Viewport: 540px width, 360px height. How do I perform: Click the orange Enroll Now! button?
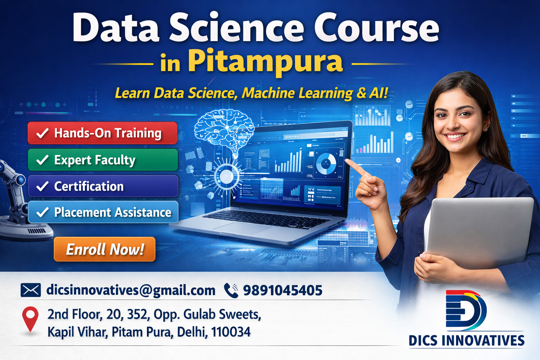104,249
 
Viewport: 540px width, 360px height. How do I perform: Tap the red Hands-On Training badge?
102,133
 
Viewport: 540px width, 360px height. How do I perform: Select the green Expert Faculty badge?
103,160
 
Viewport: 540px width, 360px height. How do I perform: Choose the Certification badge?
103,186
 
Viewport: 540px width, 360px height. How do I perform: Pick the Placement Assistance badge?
103,212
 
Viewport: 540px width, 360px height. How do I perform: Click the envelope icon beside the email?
31,290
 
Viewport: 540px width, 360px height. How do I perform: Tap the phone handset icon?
231,290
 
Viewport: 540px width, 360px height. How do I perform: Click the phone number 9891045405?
283,290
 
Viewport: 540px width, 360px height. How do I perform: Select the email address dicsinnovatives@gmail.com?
131,290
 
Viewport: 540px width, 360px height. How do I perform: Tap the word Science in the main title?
236,28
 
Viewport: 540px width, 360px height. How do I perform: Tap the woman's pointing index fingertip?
347,161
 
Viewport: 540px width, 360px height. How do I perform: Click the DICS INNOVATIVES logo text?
466,340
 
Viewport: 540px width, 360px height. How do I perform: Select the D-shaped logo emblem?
465,310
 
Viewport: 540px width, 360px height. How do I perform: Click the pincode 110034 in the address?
231,332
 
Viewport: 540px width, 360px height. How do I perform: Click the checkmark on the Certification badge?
43,186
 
